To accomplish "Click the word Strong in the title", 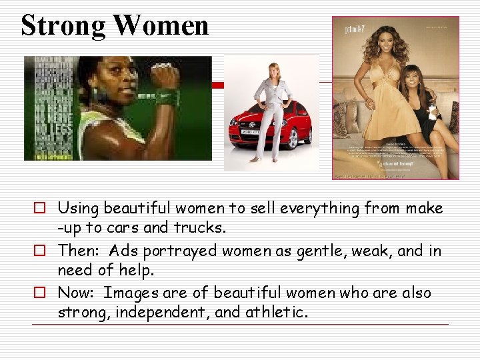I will (63, 25).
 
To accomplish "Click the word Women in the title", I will (161, 25).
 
